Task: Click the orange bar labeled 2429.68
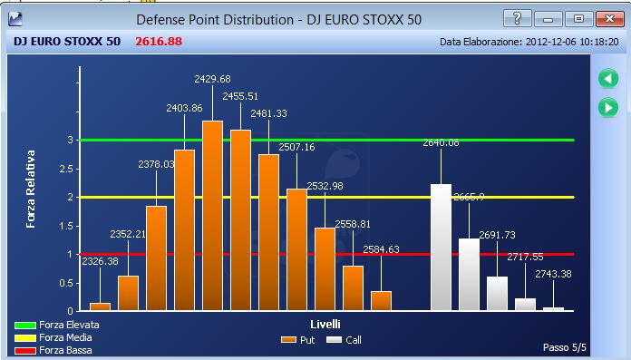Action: click(x=212, y=216)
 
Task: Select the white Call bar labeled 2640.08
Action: click(x=441, y=248)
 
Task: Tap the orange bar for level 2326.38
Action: click(x=101, y=306)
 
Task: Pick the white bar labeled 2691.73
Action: click(x=497, y=293)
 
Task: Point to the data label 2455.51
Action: click(x=240, y=96)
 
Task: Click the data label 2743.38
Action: click(x=553, y=274)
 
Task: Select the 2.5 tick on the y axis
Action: click(x=66, y=169)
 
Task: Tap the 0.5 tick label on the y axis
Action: click(x=66, y=283)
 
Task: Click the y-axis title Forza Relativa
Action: click(x=31, y=190)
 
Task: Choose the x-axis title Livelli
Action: click(x=325, y=324)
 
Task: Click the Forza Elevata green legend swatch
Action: click(x=25, y=326)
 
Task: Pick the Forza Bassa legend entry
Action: click(x=53, y=350)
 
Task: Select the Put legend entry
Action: click(x=297, y=340)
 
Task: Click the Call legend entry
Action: click(x=345, y=340)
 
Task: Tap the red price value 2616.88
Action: click(x=159, y=42)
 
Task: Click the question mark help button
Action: click(x=518, y=18)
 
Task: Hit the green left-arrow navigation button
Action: click(x=608, y=79)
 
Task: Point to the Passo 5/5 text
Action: click(x=565, y=347)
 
